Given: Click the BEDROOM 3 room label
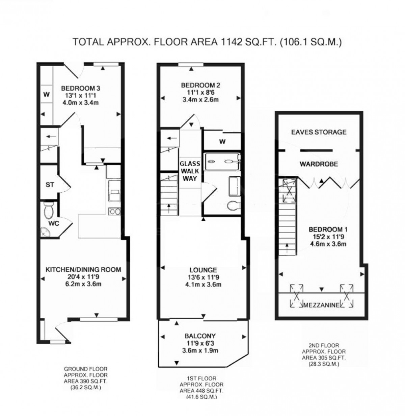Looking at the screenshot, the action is (81, 88).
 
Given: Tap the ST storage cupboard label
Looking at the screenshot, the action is (50, 185).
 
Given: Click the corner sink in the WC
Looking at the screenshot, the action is (45, 233).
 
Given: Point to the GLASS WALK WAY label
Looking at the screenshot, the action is (190, 171).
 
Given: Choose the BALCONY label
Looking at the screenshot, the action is (200, 336).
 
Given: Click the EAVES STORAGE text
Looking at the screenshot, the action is (319, 132).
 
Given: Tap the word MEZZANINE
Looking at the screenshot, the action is (321, 305).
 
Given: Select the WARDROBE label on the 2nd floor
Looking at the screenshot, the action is (319, 164).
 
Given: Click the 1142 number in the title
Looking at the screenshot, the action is (230, 42).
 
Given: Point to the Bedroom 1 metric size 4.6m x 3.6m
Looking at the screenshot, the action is (328, 244).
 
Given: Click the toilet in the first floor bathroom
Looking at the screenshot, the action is (233, 206).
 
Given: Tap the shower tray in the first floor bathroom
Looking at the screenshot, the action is (222, 162).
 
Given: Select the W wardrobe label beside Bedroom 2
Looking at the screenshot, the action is (222, 142).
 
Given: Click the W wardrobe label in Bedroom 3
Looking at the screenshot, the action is (46, 95).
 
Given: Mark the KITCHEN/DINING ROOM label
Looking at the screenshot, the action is (83, 270).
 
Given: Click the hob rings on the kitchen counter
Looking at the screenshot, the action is (114, 212).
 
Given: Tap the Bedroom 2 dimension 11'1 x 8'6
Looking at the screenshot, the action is (200, 93).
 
